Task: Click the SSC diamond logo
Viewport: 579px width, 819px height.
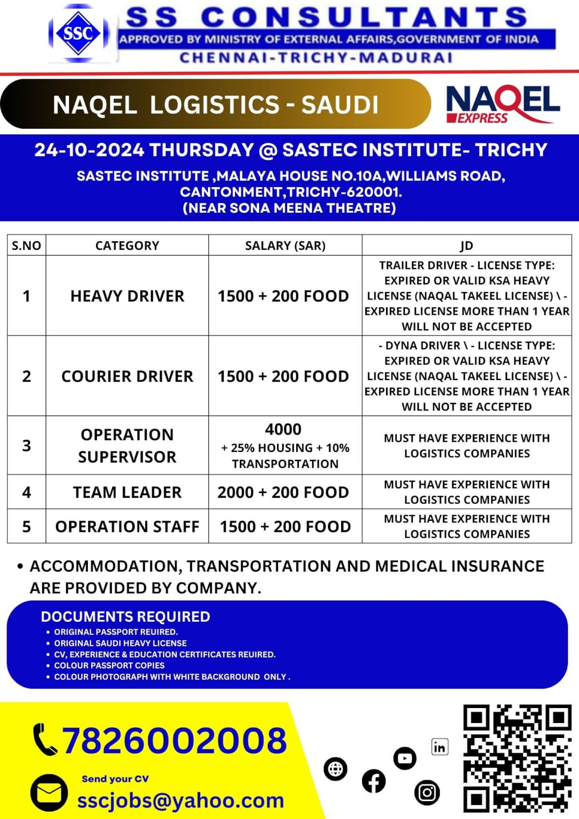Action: coord(78,33)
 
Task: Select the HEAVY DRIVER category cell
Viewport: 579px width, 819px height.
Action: coord(127,296)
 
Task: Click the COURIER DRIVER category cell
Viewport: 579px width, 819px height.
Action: coord(127,376)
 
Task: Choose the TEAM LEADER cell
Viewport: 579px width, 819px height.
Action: coord(127,492)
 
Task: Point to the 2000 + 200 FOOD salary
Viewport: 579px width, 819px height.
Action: coord(283,492)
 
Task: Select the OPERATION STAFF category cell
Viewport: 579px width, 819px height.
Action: coord(127,527)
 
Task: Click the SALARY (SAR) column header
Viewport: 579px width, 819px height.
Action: coord(285,246)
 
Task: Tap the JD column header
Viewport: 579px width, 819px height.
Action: coord(467,246)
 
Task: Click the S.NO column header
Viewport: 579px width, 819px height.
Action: coord(27,246)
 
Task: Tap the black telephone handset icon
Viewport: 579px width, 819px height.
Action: coord(45,739)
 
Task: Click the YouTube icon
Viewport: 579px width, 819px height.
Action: coord(405,759)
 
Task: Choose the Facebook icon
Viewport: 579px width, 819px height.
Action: coord(374,781)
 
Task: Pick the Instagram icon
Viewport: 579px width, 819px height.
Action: coord(427,792)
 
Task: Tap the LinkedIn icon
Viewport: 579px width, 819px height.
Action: coord(440,747)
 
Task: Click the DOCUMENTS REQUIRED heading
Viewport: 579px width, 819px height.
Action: coord(125,616)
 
